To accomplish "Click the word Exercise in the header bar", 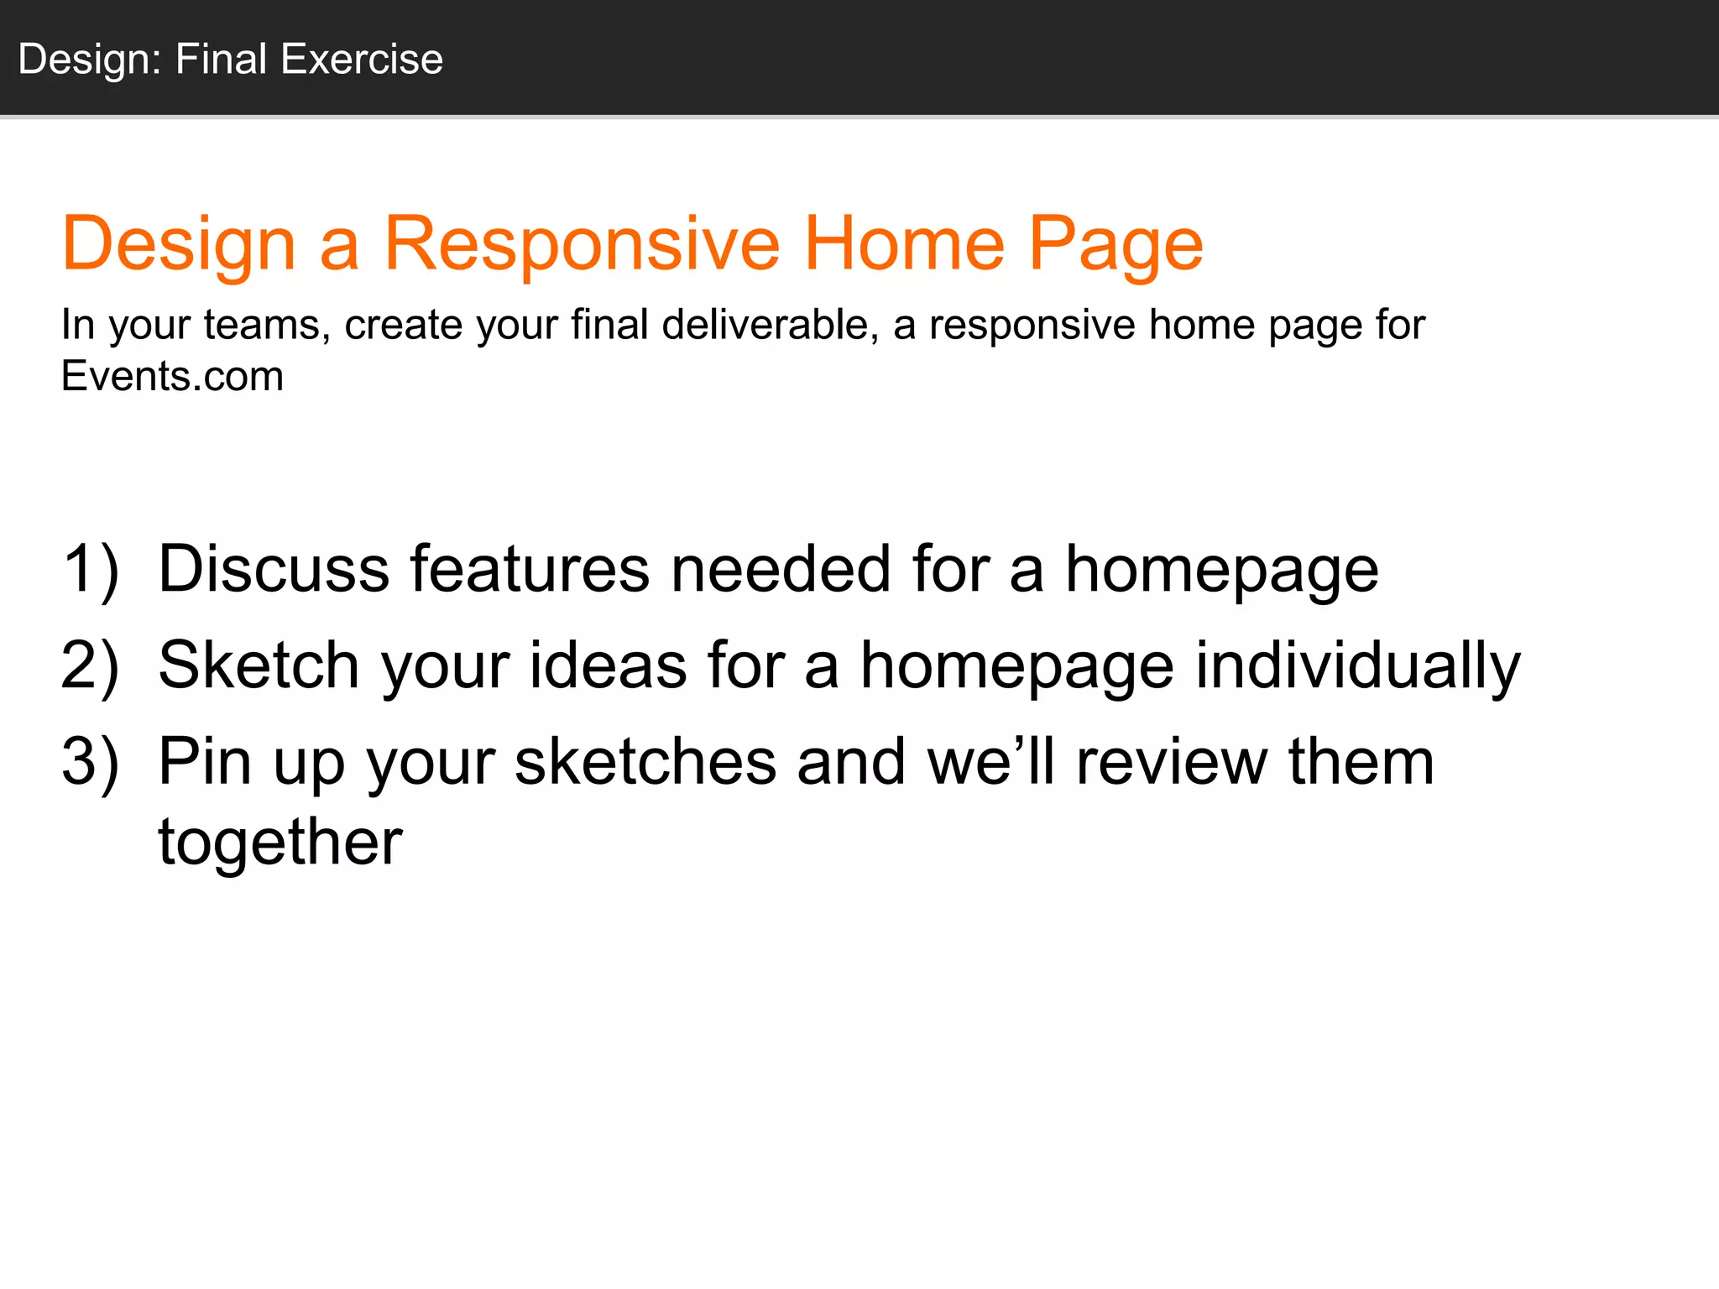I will tap(362, 60).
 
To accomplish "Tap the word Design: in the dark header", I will tap(90, 60).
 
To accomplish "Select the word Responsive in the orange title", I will tap(582, 243).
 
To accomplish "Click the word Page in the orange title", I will tap(1116, 243).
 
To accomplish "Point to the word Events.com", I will tap(172, 375).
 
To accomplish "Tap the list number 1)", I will tap(90, 569).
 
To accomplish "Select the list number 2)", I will tap(90, 665).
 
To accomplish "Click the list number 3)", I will tap(90, 762).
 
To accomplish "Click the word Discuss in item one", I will tap(274, 569).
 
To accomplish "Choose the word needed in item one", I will tap(781, 569).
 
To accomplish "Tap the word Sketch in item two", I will tap(259, 665).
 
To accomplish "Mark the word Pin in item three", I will tap(205, 762).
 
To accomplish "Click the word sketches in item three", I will tap(645, 762).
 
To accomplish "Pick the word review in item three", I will tap(1171, 762).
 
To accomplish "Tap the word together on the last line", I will tap(280, 842).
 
